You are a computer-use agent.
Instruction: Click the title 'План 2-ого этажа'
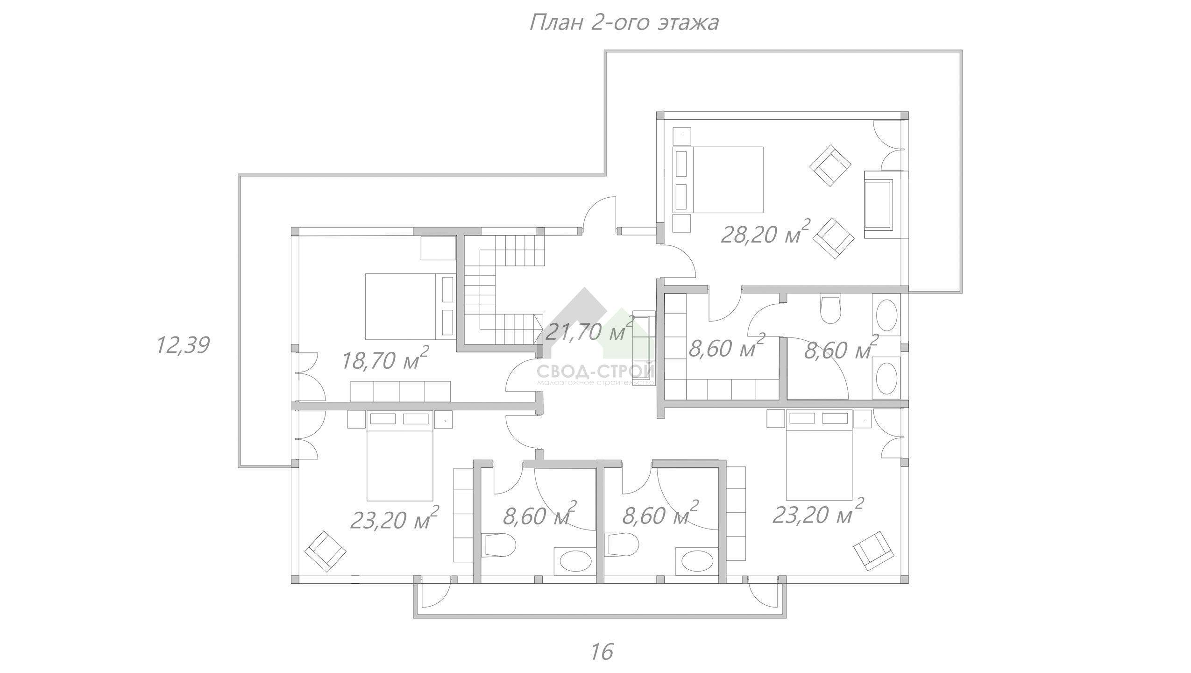click(624, 22)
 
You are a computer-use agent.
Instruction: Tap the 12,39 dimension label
click(183, 345)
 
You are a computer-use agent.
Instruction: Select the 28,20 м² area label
click(765, 232)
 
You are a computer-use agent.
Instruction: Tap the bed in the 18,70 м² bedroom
click(410, 306)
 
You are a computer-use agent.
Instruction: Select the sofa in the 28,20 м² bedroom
click(878, 205)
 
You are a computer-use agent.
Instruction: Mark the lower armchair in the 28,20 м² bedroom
click(834, 238)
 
